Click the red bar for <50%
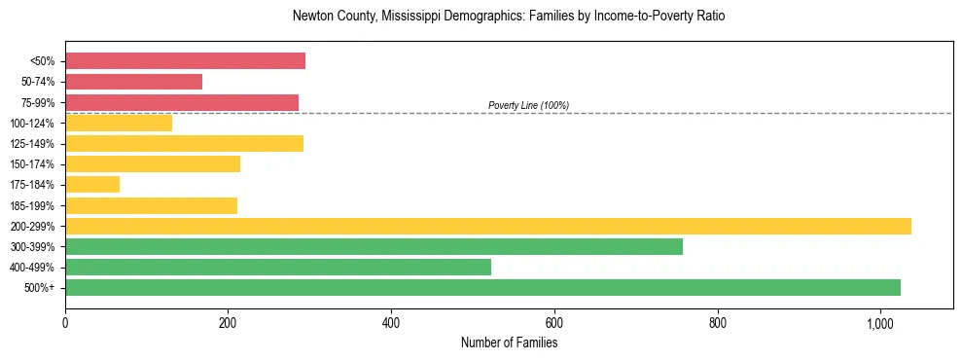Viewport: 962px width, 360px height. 185,61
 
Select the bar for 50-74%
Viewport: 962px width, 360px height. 133,82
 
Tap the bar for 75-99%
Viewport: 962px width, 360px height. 182,102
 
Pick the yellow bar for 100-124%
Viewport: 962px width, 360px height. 119,123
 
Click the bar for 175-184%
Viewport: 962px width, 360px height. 92,184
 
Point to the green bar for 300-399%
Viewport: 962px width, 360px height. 374,246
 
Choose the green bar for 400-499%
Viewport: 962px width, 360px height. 278,267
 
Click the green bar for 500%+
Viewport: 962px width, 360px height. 482,287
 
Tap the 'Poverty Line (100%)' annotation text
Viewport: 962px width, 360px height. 528,105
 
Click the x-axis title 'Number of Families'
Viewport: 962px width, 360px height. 509,342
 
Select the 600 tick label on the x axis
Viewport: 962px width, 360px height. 554,322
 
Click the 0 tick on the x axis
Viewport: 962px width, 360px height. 65,322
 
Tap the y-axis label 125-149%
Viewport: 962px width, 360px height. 32,144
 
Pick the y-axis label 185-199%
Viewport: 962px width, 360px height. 32,205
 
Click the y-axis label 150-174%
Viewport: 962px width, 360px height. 32,164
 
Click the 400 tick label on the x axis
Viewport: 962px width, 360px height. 391,322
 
